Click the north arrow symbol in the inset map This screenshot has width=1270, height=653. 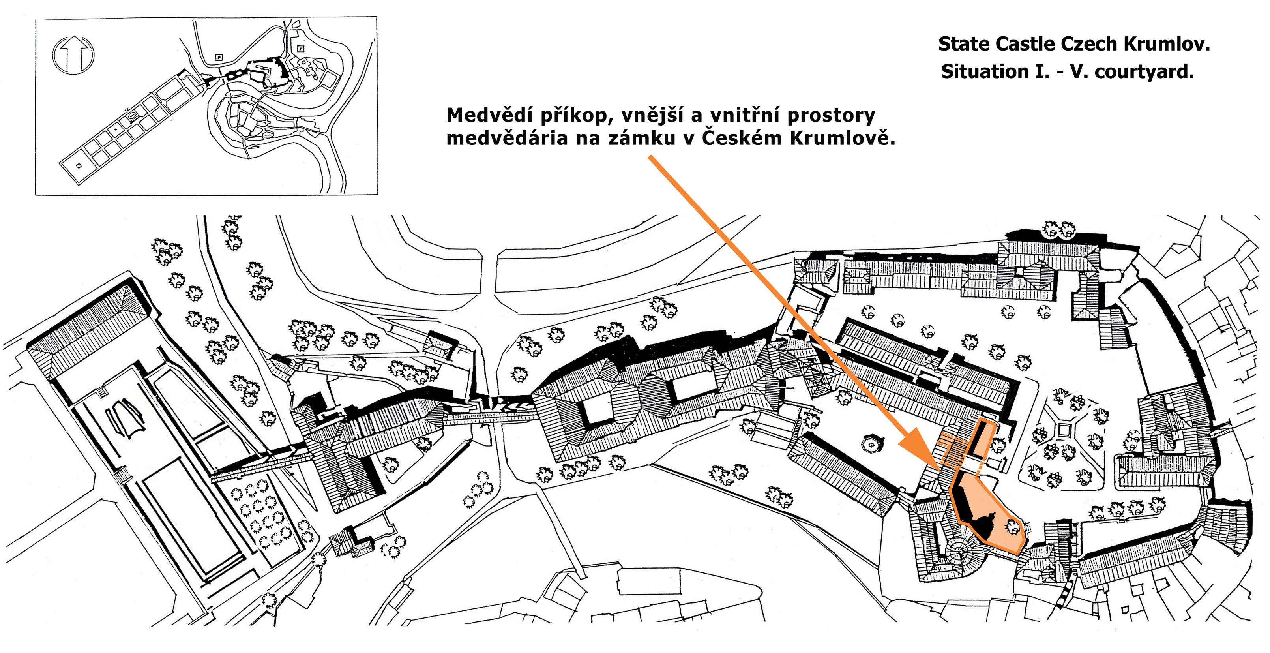(73, 54)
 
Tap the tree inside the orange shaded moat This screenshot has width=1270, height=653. (1012, 527)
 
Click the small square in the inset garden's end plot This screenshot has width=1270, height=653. (79, 166)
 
